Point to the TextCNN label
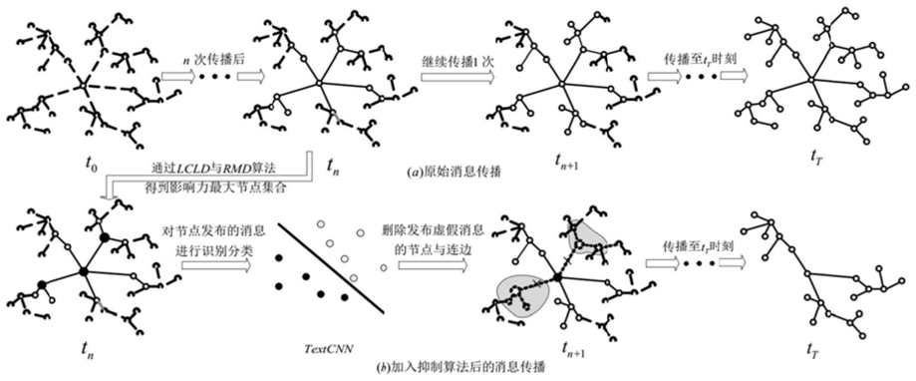(323, 349)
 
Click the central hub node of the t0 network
(83, 87)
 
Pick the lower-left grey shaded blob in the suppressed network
(522, 295)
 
